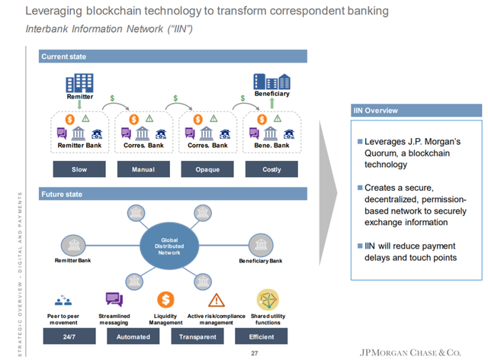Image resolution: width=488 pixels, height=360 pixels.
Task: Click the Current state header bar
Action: tap(173, 56)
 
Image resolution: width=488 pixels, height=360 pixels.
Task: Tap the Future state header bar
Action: tap(173, 195)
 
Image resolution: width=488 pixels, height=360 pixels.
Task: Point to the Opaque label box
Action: tap(208, 169)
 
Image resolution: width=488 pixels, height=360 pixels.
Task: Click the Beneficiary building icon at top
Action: tap(271, 81)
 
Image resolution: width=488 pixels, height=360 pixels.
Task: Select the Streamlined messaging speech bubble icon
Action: tap(114, 300)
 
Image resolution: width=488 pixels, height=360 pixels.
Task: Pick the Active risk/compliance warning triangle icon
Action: tap(217, 300)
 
